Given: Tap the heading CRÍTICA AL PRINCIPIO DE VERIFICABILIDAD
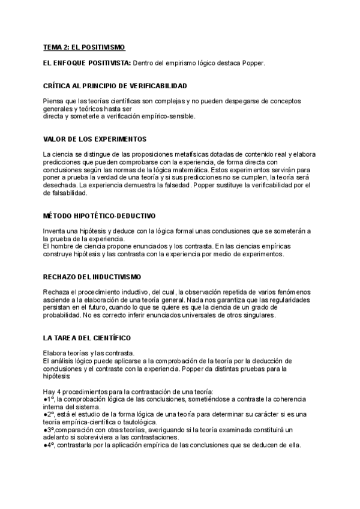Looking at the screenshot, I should pyautogui.click(x=115, y=86).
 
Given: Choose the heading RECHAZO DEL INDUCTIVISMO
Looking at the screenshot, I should pyautogui.click(x=92, y=277).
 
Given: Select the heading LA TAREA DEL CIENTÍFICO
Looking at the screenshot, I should pyautogui.click(x=87, y=338).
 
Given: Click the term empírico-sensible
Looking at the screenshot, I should pyautogui.click(x=169, y=116).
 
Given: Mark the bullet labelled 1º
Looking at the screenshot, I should pyautogui.click(x=49, y=399).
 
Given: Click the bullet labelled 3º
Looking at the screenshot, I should pyautogui.click(x=50, y=430).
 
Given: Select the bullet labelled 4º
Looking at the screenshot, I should pyautogui.click(x=50, y=445).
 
